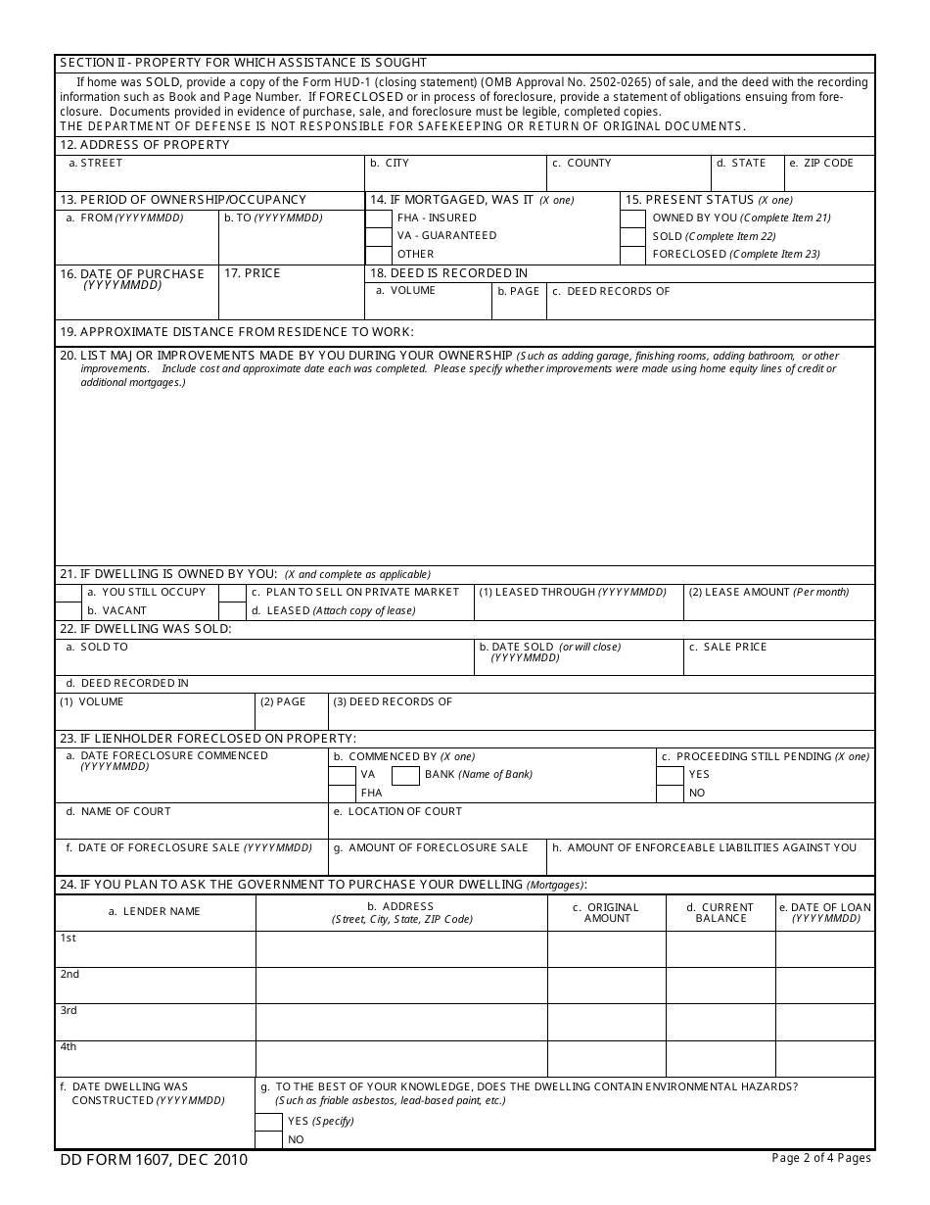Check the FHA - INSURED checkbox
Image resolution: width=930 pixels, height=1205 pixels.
tap(378, 218)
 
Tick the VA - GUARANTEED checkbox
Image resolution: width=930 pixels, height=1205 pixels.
tap(378, 236)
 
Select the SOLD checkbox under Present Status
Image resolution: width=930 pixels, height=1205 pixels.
tap(633, 237)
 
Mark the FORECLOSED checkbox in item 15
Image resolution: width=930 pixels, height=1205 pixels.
tap(633, 255)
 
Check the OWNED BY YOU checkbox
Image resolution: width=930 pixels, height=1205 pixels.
tap(633, 218)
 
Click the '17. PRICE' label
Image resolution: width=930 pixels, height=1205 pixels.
tap(252, 273)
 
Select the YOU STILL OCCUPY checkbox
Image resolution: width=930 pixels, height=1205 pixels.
tap(68, 593)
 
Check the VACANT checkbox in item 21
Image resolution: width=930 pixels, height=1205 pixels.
tap(68, 610)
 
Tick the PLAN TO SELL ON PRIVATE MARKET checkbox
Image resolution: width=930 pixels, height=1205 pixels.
tap(232, 593)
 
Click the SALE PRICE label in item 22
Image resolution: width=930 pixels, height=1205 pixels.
tap(728, 648)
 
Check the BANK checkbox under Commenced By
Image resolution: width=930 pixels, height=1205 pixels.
tap(405, 775)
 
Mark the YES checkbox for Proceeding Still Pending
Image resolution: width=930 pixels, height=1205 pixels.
tap(670, 775)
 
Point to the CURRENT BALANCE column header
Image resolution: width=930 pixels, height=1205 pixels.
tap(721, 913)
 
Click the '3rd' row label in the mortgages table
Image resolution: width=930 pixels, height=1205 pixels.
tap(69, 1011)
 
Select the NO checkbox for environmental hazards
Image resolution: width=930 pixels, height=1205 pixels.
tap(268, 1139)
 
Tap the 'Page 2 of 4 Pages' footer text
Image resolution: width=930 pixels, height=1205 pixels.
tap(820, 1159)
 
